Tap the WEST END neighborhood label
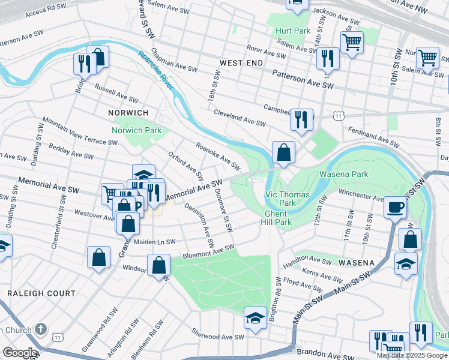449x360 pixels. pyautogui.click(x=240, y=63)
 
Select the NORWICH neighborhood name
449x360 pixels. pyautogui.click(x=128, y=113)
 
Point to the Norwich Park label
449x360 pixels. pyautogui.click(x=137, y=130)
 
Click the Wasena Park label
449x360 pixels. pyautogui.click(x=343, y=174)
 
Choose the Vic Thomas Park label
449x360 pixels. pyautogui.click(x=288, y=199)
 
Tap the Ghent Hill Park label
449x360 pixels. pyautogui.click(x=276, y=218)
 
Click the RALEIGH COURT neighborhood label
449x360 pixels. pyautogui.click(x=41, y=293)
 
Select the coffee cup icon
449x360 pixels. pyautogui.click(x=396, y=208)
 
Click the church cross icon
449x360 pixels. pyautogui.click(x=41, y=329)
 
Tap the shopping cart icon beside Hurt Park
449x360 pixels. pyautogui.click(x=352, y=42)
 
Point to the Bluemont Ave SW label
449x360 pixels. pyautogui.click(x=208, y=250)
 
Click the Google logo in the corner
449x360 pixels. pyautogui.click(x=19, y=353)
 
